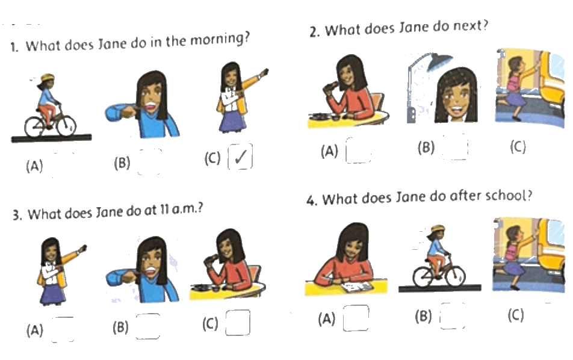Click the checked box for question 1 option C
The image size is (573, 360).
[x=240, y=157]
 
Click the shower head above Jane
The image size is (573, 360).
[x=439, y=61]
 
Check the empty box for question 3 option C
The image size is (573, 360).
[x=238, y=322]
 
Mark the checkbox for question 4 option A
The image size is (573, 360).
[x=356, y=318]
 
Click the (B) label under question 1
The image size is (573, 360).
[x=122, y=163]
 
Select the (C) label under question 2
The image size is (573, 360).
[x=518, y=146]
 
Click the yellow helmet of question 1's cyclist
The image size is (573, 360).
[x=48, y=78]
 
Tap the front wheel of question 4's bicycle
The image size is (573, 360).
[x=455, y=276]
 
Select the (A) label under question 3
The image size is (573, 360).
[x=35, y=330]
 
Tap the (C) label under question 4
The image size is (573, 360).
[x=516, y=315]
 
